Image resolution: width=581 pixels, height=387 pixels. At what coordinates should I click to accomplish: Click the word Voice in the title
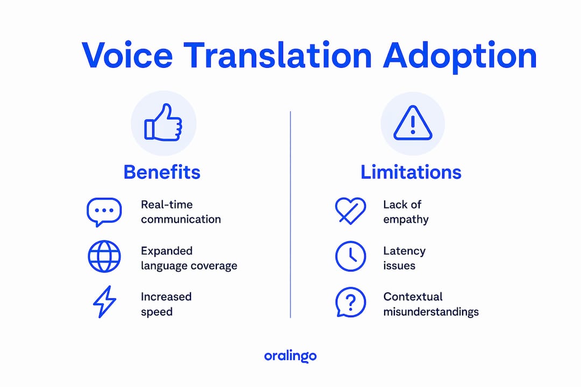click(x=127, y=55)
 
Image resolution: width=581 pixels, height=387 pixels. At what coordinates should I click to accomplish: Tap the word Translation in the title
click(x=278, y=55)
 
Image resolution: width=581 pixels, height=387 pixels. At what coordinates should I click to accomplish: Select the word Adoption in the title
click(x=460, y=58)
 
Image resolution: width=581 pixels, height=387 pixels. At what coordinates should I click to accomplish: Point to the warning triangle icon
click(x=413, y=123)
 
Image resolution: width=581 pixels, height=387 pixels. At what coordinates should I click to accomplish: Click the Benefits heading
click(x=162, y=172)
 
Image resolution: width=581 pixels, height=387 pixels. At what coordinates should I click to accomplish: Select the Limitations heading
click(x=411, y=172)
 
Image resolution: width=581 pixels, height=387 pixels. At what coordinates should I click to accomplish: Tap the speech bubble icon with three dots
click(x=104, y=212)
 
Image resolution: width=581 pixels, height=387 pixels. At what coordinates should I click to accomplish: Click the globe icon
click(x=104, y=256)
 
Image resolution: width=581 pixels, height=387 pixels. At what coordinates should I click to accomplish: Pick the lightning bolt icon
click(x=104, y=302)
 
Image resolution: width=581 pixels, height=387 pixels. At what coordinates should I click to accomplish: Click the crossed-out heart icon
click(x=350, y=211)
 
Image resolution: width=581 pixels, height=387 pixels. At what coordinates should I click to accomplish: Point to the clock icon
click(x=351, y=256)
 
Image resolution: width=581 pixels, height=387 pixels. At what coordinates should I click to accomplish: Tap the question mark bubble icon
click(x=351, y=302)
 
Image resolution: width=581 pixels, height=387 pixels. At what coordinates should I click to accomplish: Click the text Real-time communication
click(x=181, y=212)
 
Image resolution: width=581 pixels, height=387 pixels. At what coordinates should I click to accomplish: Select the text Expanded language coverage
click(x=189, y=259)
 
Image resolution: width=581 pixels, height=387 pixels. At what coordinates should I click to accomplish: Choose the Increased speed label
click(x=166, y=304)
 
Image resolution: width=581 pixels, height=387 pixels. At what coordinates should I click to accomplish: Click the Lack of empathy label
click(x=406, y=212)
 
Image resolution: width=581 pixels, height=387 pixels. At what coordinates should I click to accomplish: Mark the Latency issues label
click(x=404, y=258)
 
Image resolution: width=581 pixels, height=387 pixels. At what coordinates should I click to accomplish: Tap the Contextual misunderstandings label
click(x=431, y=304)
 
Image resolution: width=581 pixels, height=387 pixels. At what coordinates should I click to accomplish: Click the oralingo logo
click(x=290, y=356)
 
